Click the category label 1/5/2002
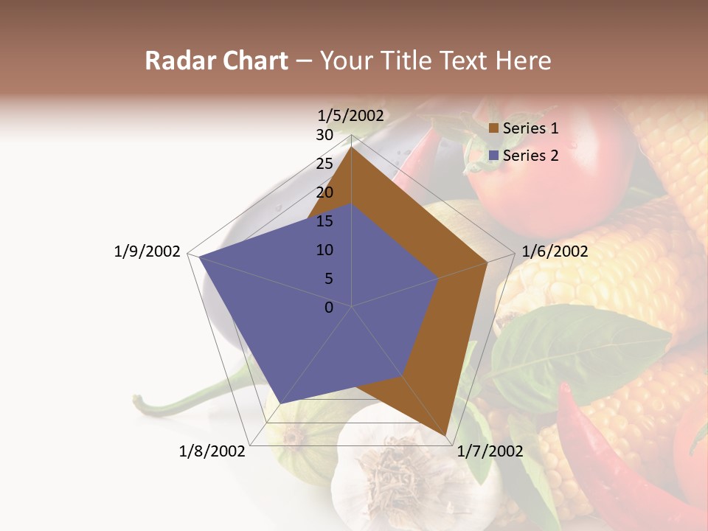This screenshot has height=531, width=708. [350, 115]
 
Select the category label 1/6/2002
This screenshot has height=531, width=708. [555, 251]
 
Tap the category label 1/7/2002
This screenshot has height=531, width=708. [490, 451]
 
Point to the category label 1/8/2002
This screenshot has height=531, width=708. [212, 451]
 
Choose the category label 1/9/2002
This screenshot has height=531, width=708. [147, 251]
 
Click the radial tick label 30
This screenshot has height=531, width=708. [324, 135]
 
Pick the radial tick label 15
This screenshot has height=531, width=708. [324, 221]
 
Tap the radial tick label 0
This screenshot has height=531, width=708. [329, 308]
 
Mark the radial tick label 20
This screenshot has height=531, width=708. [324, 192]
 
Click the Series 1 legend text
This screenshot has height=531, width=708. [530, 128]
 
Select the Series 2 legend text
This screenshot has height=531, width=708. [530, 156]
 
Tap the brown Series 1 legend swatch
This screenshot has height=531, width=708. [494, 128]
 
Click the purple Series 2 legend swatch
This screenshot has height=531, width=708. [494, 156]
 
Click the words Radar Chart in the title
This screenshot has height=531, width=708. [216, 60]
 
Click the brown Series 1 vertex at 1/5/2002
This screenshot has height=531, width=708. [351, 147]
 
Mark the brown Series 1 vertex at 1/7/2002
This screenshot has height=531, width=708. [447, 437]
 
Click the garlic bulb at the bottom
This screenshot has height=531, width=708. [398, 472]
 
